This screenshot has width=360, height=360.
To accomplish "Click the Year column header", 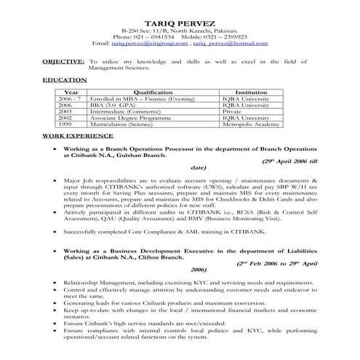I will tap(71, 92).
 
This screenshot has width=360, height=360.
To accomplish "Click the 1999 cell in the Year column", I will tap(65, 124).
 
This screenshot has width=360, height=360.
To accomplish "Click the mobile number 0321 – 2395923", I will tap(222, 37).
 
